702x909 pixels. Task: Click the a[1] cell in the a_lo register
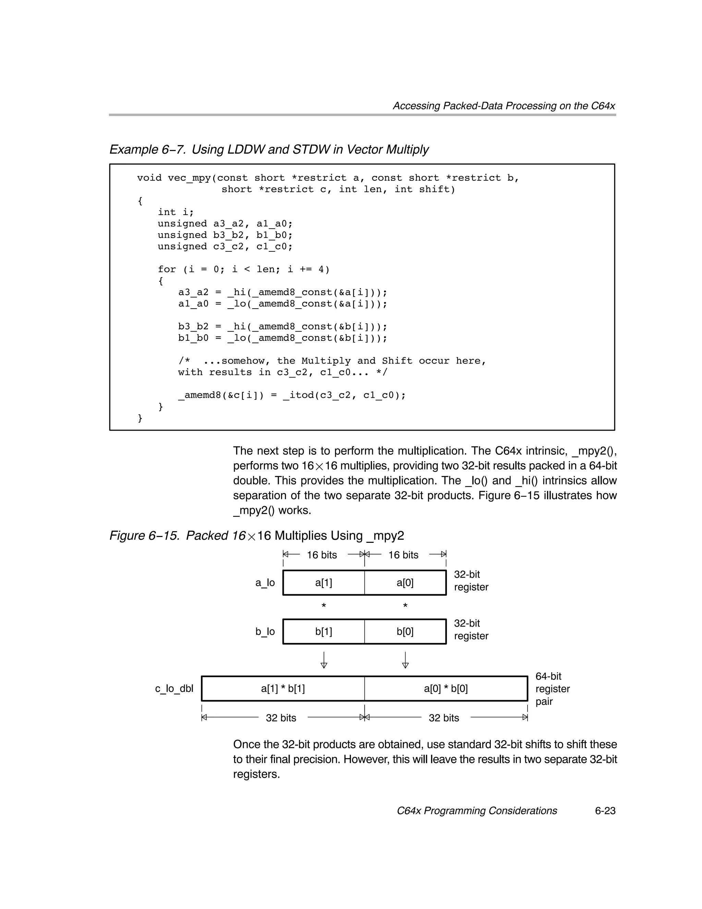323,583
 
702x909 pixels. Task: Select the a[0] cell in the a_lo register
405,583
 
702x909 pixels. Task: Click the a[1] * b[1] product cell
283,689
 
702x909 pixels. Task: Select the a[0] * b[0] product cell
446,689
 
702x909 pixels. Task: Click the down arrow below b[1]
324,660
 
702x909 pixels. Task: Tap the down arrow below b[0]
405,660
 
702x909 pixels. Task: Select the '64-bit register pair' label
552,689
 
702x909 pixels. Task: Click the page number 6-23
605,811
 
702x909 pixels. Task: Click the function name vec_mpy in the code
189,178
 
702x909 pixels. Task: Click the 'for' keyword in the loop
167,269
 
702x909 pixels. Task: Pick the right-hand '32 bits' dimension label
444,718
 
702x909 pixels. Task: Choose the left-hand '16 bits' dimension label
322,555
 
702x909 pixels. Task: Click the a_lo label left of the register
265,583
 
